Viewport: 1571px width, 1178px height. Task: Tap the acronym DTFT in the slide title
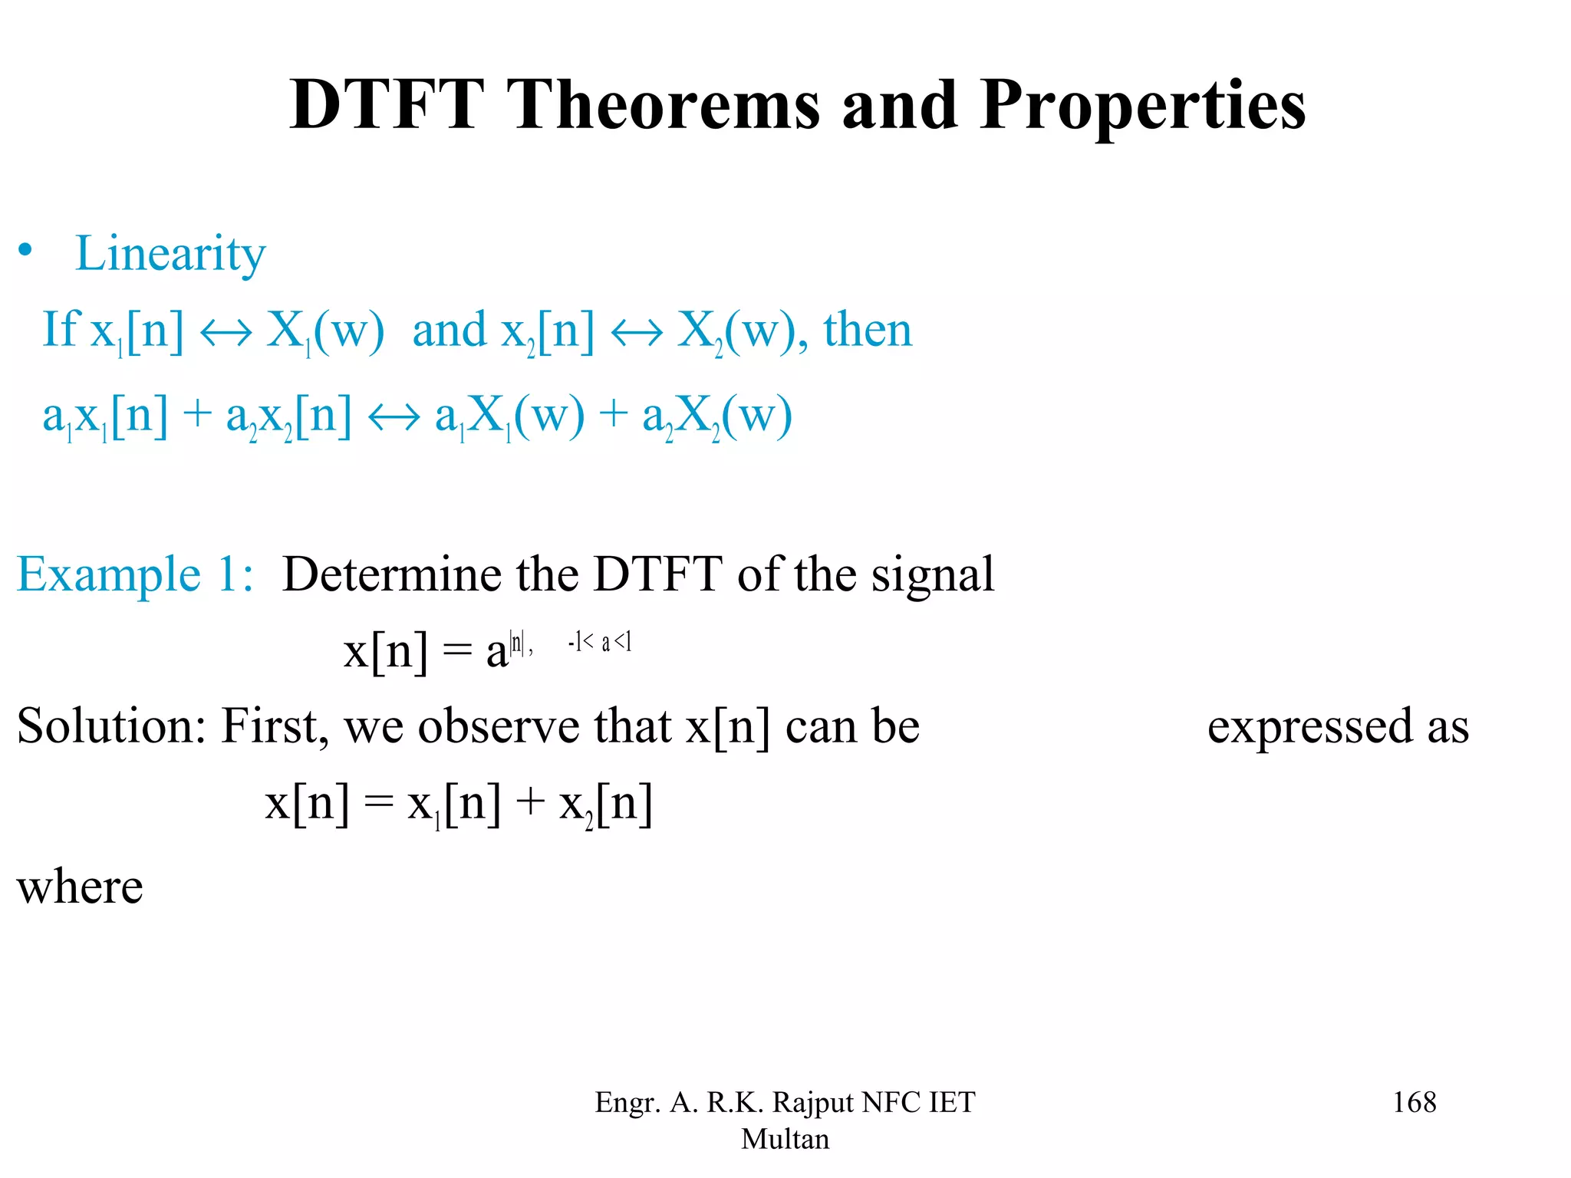[x=387, y=105]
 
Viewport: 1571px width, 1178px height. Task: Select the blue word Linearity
[x=170, y=254]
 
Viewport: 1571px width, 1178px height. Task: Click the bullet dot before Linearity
[x=26, y=250]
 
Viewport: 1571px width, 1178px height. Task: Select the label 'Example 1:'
[x=135, y=574]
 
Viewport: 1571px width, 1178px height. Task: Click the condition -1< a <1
[x=600, y=642]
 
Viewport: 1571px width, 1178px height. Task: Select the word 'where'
[x=80, y=887]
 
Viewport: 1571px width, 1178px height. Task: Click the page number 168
[x=1414, y=1102]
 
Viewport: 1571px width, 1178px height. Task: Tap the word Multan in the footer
[x=785, y=1139]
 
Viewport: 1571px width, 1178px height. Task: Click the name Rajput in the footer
[x=812, y=1102]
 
